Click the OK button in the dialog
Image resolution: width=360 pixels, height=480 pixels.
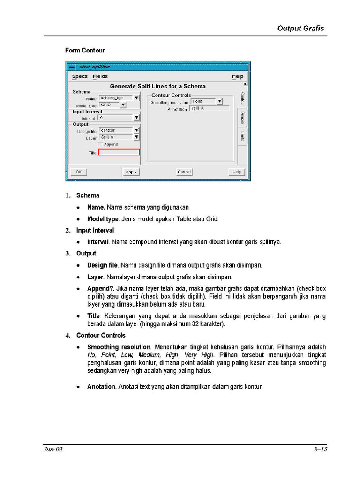coord(79,172)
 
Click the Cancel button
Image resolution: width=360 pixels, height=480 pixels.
coord(184,172)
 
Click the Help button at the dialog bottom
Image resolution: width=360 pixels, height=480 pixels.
coord(237,172)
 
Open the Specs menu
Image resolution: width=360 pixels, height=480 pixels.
coord(80,76)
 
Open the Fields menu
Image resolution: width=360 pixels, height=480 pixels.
coord(100,76)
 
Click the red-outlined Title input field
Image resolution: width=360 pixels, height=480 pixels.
coord(119,152)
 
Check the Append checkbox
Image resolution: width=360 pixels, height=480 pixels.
coord(101,145)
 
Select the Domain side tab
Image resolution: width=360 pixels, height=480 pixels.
coord(242,118)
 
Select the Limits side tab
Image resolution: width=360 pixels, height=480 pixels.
coord(242,136)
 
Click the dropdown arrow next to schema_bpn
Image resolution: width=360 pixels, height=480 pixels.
coord(136,98)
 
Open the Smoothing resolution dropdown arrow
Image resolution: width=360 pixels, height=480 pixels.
coord(219,101)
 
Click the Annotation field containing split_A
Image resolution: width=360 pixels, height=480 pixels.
coord(209,108)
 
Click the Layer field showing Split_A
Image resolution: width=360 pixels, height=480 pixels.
coord(115,137)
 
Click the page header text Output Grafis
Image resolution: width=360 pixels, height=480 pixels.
coord(300,28)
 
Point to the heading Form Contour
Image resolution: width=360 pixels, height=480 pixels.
coord(85,51)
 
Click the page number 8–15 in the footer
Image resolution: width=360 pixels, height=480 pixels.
coord(320,450)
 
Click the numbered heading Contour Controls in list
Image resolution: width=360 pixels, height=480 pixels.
coord(101,336)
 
